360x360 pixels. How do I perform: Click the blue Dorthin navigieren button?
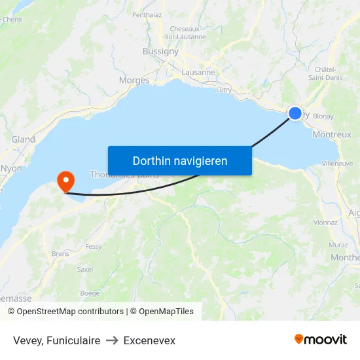point(180,160)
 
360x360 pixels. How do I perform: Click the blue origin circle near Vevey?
point(295,113)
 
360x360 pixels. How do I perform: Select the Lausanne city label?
point(198,73)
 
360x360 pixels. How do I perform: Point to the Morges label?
point(134,81)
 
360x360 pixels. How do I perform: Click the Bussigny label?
point(160,51)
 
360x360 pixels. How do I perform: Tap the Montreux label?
point(332,134)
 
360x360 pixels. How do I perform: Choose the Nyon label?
point(11,168)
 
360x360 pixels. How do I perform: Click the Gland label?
point(24,139)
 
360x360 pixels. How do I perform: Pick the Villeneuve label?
point(338,163)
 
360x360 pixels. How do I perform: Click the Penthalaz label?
point(147,14)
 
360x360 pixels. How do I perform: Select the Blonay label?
point(323,116)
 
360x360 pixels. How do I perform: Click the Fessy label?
point(94,247)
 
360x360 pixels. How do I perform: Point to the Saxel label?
point(85,269)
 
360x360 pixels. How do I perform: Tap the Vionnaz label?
point(325,223)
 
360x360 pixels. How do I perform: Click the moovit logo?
point(321,340)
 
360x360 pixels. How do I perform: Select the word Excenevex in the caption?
point(149,340)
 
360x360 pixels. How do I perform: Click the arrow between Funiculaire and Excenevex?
point(112,340)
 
